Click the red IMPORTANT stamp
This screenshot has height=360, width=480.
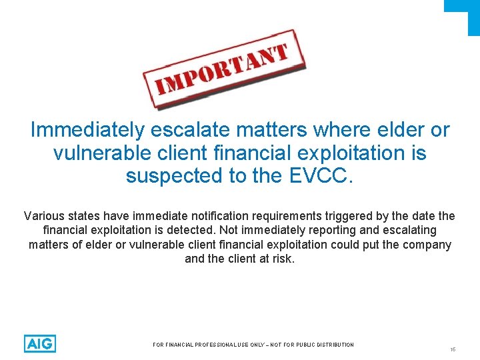[224, 68]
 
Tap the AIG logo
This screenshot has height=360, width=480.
[40, 343]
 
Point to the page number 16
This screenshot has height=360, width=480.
[453, 349]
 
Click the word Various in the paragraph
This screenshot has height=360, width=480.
[43, 216]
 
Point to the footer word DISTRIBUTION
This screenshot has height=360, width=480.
[332, 345]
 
